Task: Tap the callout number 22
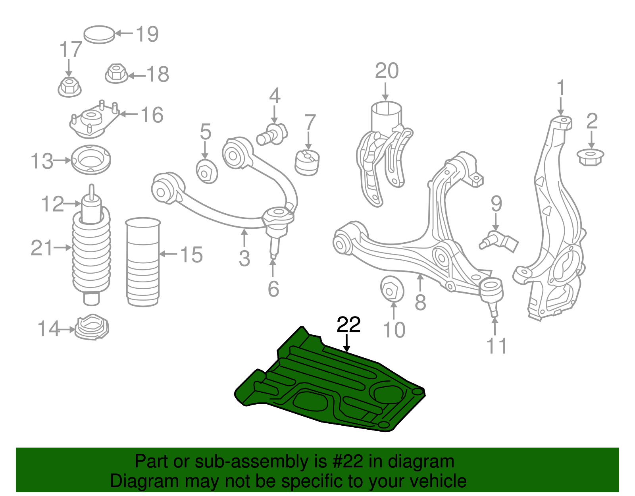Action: [x=348, y=325]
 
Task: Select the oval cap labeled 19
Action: [x=99, y=35]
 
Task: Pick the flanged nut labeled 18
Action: [x=116, y=74]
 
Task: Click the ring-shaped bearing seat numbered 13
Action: [x=91, y=160]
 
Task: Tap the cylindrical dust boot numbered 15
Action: [x=143, y=262]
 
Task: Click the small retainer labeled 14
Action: [x=92, y=327]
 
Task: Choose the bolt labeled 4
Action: [x=273, y=134]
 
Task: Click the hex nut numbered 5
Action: [x=207, y=172]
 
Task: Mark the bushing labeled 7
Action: [x=308, y=162]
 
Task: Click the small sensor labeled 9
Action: [x=498, y=240]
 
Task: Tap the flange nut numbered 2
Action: [x=590, y=157]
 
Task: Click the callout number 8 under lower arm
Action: [x=420, y=303]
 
